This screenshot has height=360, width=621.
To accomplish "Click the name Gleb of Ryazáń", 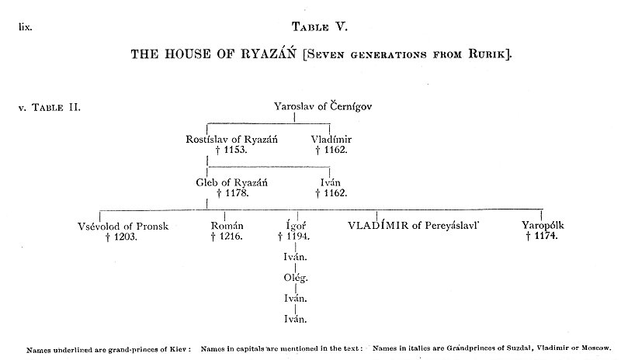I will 231,182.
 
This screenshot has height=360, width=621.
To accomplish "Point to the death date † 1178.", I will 231,192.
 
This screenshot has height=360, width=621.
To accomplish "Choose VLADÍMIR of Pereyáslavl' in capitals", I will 415,226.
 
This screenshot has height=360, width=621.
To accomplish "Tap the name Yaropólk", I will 543,226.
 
